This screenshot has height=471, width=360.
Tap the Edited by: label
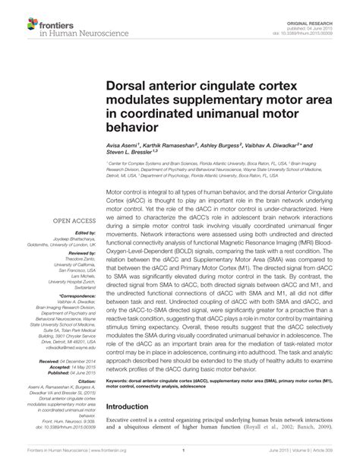(x=80, y=233)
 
